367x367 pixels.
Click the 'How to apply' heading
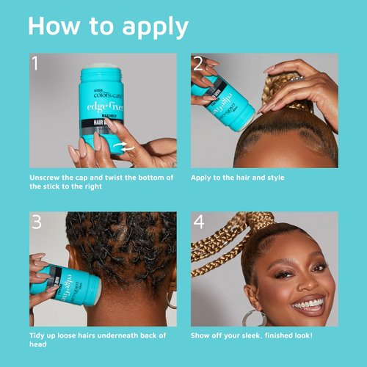108,26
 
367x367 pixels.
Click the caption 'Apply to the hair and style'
237,178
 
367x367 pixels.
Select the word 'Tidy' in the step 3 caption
38,335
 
